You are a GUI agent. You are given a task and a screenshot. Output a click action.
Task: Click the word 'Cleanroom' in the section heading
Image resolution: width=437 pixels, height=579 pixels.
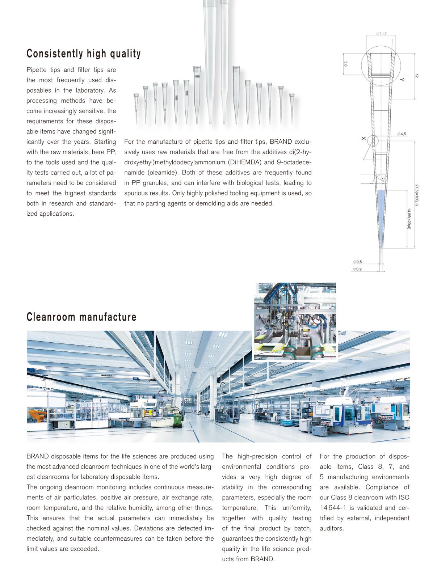[x=51, y=317]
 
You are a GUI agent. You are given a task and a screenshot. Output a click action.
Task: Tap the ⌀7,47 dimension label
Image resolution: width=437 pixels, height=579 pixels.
[x=381, y=34]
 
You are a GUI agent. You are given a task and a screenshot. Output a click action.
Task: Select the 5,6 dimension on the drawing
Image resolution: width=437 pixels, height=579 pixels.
[x=346, y=64]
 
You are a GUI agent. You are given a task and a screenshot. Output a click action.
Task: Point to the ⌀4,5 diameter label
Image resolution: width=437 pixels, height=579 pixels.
[x=402, y=134]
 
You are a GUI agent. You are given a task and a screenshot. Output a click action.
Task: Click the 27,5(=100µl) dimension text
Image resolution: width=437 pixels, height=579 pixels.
[x=417, y=195]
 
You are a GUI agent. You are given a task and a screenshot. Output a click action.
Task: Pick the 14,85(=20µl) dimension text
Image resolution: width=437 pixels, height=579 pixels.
[x=409, y=218]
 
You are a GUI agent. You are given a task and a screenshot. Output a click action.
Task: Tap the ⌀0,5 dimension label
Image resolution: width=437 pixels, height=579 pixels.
[x=357, y=262]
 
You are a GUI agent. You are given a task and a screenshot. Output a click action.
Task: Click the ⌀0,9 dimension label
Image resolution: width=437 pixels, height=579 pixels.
[x=357, y=269]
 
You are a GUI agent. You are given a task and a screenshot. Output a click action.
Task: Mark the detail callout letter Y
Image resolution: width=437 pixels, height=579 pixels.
[x=402, y=79]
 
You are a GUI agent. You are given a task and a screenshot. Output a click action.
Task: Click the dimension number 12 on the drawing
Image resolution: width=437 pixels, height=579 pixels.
[x=417, y=76]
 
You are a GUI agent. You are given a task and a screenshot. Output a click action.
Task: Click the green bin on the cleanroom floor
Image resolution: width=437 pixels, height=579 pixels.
[x=177, y=420]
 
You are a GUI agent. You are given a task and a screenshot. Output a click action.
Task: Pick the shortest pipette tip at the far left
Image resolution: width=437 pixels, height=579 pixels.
[x=136, y=107]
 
